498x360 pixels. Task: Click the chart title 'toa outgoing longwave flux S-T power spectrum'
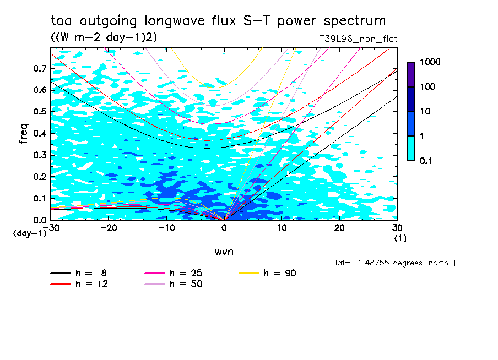218,21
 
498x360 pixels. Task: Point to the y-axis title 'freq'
24,133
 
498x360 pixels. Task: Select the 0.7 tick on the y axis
40,68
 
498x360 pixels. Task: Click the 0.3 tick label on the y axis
40,155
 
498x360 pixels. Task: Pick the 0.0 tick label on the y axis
40,220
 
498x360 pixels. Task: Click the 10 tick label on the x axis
282,228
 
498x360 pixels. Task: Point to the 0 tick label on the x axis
224,228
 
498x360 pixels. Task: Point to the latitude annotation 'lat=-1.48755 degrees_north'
392,263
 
